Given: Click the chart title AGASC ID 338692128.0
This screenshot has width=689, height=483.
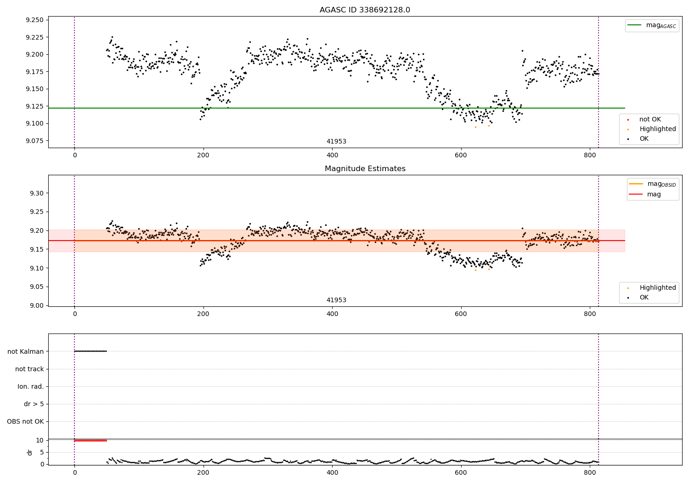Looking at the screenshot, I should (x=365, y=10).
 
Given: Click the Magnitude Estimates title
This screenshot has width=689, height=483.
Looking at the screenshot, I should (x=365, y=169).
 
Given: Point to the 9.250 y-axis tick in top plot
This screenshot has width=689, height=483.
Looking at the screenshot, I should (x=34, y=20).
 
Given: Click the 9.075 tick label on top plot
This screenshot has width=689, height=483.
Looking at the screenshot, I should (x=34, y=141).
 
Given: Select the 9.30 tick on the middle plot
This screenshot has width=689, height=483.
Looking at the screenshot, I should (x=36, y=193).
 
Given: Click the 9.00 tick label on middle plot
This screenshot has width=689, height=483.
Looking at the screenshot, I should (x=36, y=305).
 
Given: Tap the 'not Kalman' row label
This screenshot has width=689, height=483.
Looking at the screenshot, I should (x=26, y=351).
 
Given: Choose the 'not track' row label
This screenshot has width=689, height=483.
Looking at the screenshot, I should (x=29, y=369).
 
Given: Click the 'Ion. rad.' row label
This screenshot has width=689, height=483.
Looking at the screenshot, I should (x=31, y=386).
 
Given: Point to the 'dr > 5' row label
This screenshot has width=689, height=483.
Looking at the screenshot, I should (x=34, y=404).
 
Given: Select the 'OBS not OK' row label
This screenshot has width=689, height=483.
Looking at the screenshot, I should (x=25, y=421).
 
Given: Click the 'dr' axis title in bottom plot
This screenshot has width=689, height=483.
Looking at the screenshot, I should (x=30, y=452).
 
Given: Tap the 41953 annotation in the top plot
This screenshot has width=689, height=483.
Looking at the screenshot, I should (x=336, y=142).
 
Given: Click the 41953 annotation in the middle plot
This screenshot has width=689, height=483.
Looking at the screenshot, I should (x=336, y=300).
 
